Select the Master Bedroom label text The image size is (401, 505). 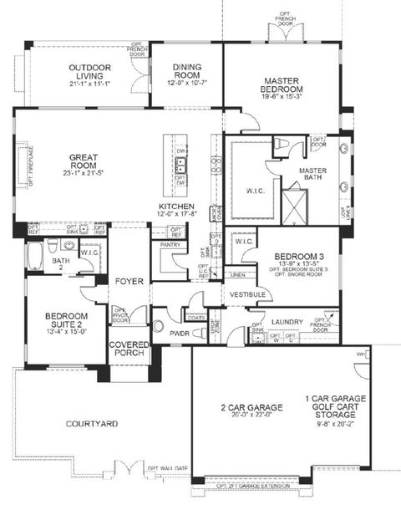282,84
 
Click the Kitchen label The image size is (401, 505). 177,206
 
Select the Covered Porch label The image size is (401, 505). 129,349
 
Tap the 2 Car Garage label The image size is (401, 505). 251,407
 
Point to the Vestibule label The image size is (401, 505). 248,295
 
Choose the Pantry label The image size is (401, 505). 171,245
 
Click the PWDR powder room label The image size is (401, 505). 179,333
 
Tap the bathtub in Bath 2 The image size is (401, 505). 33,255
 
